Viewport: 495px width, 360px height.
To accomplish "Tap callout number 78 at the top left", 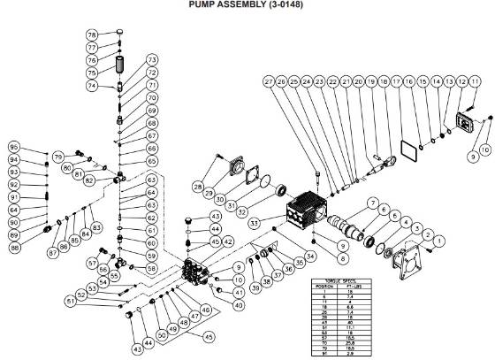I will coord(92,34).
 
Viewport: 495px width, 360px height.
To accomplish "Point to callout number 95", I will coord(13,146).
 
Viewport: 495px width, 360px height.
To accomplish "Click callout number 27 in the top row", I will coord(267,81).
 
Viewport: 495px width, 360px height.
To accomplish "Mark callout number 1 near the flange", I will coord(442,241).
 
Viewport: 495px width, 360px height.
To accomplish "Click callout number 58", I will coord(151,268).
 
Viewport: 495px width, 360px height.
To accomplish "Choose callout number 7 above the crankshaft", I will coord(373,203).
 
